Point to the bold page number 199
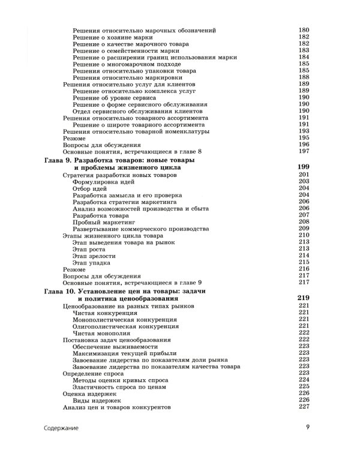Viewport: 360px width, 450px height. [303, 167]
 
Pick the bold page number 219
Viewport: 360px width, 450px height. [303, 298]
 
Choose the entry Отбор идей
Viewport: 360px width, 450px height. [90, 188]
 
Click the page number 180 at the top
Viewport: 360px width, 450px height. [303, 30]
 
